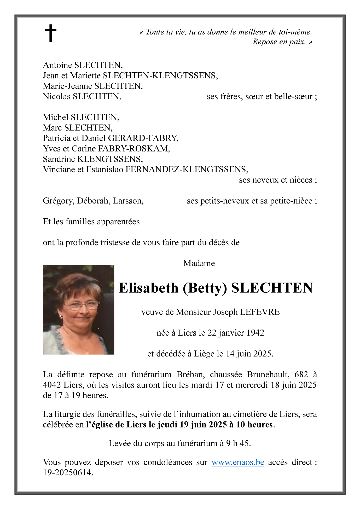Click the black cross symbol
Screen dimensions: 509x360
(x=50, y=33)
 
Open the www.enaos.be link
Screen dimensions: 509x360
(x=237, y=462)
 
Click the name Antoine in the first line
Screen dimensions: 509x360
(x=57, y=65)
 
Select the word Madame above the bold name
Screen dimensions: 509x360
(x=199, y=263)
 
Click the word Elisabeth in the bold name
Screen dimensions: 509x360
(x=148, y=288)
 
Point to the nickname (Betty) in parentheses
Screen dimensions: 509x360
(x=205, y=288)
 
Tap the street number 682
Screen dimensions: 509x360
(x=301, y=375)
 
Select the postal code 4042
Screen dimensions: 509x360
(x=52, y=385)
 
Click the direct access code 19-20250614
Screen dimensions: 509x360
(x=68, y=472)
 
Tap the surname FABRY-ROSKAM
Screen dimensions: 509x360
(x=134, y=149)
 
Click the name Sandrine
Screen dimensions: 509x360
(x=59, y=159)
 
